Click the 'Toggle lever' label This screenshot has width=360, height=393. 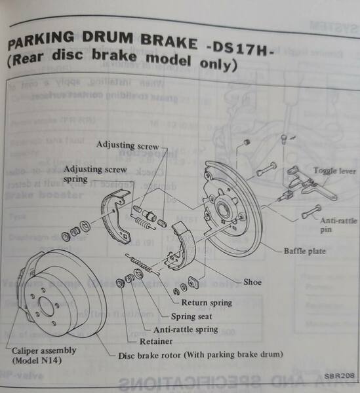pyautogui.click(x=334, y=171)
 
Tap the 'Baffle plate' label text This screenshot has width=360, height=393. pyautogui.click(x=304, y=251)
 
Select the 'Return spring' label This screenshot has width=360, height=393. pyautogui.click(x=207, y=303)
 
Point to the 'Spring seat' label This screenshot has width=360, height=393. pyautogui.click(x=191, y=316)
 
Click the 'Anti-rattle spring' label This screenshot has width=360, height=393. pyautogui.click(x=186, y=329)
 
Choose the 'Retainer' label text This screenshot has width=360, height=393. pyautogui.click(x=156, y=341)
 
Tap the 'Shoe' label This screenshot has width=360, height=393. pyautogui.click(x=252, y=282)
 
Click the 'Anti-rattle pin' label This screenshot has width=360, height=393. pyautogui.click(x=338, y=225)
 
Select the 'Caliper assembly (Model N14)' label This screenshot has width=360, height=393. pyautogui.click(x=44, y=355)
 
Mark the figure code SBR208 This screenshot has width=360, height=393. pyautogui.click(x=339, y=376)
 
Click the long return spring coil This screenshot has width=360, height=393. pyautogui.click(x=142, y=265)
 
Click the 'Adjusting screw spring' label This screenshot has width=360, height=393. pyautogui.click(x=95, y=174)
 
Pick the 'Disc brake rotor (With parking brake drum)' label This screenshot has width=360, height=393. pyautogui.click(x=201, y=354)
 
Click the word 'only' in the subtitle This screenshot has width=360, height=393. pyautogui.click(x=218, y=65)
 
